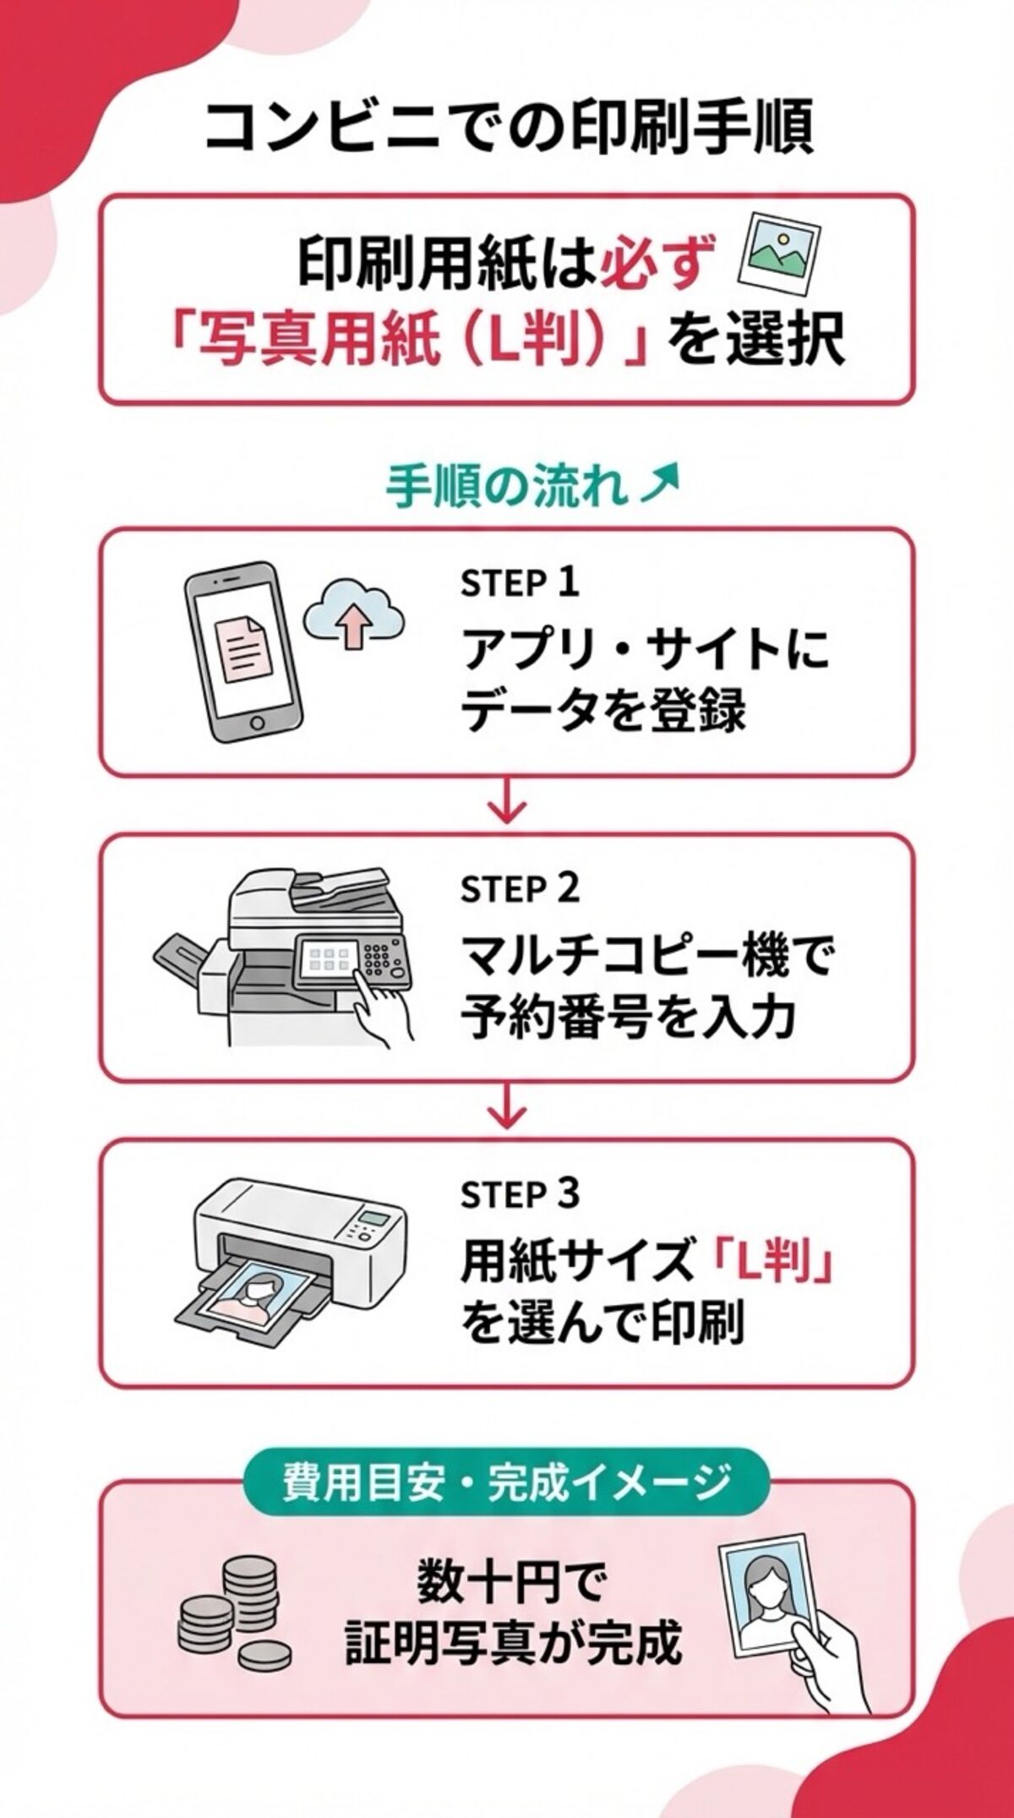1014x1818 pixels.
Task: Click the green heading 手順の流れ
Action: pos(507,488)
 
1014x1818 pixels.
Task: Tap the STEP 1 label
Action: pos(520,583)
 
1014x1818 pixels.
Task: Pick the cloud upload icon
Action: pos(353,615)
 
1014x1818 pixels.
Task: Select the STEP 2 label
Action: pos(520,889)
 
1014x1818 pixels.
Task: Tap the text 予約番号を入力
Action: pos(627,1017)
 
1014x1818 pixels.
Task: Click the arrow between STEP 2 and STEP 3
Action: pos(507,1109)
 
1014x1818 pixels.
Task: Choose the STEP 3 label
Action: pos(520,1194)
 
